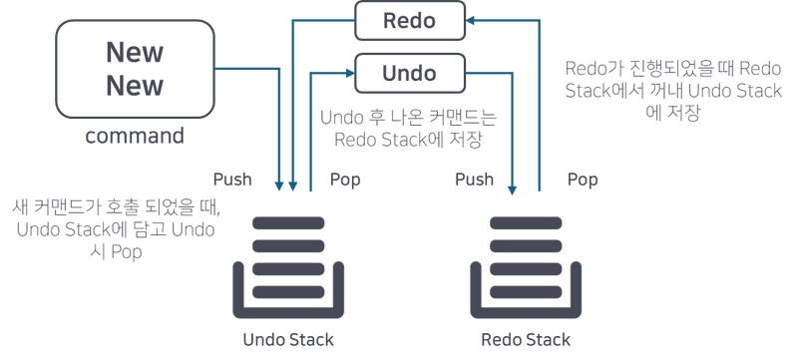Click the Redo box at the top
click(x=410, y=20)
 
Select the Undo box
click(x=410, y=72)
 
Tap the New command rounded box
click(x=135, y=68)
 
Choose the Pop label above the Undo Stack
click(x=344, y=180)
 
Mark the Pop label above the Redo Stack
click(x=584, y=180)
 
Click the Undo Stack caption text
click(x=288, y=338)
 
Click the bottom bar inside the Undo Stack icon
click(x=287, y=291)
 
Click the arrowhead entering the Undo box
click(x=349, y=72)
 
